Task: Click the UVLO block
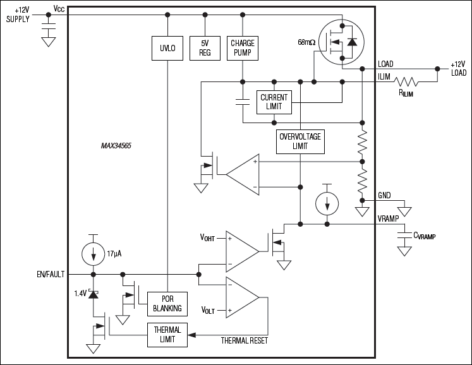click(x=167, y=47)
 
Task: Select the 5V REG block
click(x=205, y=47)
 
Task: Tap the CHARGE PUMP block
click(x=242, y=47)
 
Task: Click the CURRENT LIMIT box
click(x=274, y=102)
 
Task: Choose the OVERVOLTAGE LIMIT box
click(x=301, y=141)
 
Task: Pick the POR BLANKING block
click(x=167, y=304)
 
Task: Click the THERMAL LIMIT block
click(x=167, y=334)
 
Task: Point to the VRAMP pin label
click(x=390, y=218)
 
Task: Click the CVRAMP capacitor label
click(x=425, y=236)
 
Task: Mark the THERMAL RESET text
click(x=245, y=340)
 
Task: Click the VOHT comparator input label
click(x=208, y=238)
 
